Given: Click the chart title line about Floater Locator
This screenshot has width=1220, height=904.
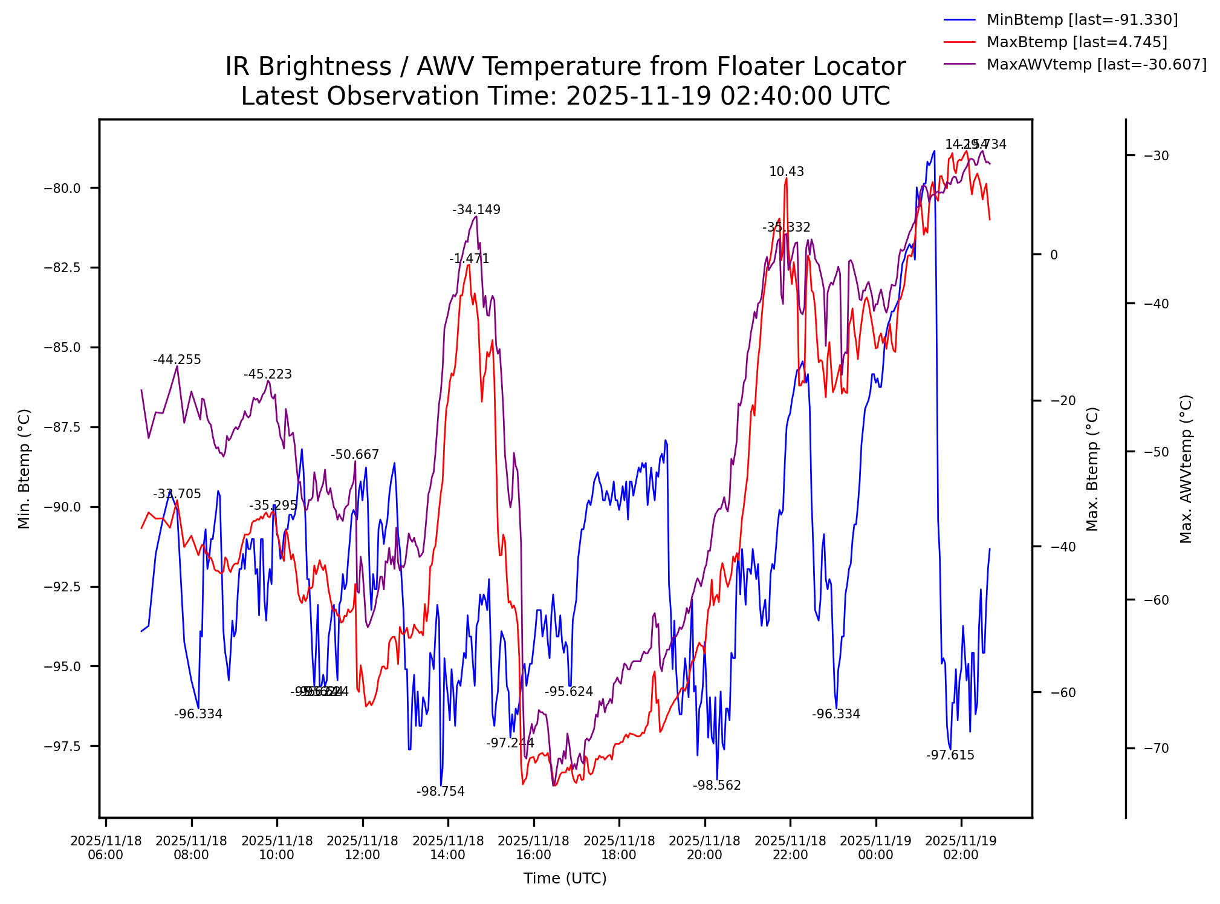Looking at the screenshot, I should click(565, 67).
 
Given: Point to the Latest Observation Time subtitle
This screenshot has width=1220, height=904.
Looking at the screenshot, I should click(565, 97).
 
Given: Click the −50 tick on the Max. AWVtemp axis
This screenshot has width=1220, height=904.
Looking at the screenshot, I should click(1157, 452).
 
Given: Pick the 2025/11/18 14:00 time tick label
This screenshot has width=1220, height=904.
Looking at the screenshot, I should click(448, 848).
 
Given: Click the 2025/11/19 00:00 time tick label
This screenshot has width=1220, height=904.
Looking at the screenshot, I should click(875, 848).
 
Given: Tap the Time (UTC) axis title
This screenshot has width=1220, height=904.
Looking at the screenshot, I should click(565, 879).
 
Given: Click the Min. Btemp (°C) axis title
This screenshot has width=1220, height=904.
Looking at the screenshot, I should click(24, 469).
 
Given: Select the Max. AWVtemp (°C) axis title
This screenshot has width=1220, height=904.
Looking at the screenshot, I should click(1186, 469).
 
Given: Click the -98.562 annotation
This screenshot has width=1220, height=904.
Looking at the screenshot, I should click(717, 786).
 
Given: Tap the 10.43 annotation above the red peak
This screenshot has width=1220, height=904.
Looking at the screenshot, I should click(787, 172).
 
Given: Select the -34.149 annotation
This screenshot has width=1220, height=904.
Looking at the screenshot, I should click(476, 210).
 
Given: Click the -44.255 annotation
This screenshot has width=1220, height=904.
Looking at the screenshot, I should click(177, 360).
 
